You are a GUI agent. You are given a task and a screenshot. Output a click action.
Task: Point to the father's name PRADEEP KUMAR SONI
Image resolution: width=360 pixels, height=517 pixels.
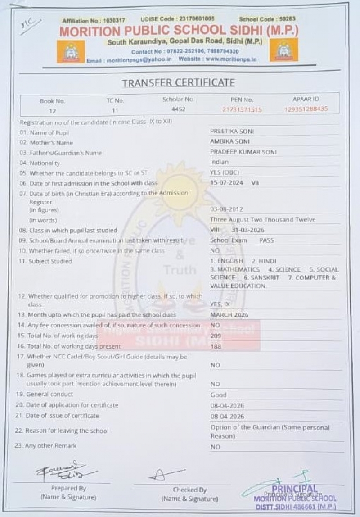[x=243, y=152]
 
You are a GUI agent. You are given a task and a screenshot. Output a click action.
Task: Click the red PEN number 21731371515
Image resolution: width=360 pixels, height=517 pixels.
[x=242, y=109]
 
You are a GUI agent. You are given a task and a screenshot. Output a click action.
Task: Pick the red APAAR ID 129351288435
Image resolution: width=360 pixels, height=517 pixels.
[x=306, y=109]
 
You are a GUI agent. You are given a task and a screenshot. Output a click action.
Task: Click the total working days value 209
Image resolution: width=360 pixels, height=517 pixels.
[x=216, y=336]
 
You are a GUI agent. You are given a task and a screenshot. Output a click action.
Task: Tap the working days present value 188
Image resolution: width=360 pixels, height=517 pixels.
[x=216, y=346]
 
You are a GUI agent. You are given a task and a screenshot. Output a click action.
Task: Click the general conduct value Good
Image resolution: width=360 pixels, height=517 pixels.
[x=218, y=395]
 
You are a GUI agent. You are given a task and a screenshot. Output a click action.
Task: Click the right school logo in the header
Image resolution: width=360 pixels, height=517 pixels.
[x=284, y=50]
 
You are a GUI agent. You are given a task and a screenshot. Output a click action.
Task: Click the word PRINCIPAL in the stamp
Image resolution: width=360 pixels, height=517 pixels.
[x=295, y=489]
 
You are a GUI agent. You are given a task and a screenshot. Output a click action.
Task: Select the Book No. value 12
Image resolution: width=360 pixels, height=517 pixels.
[x=53, y=110]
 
